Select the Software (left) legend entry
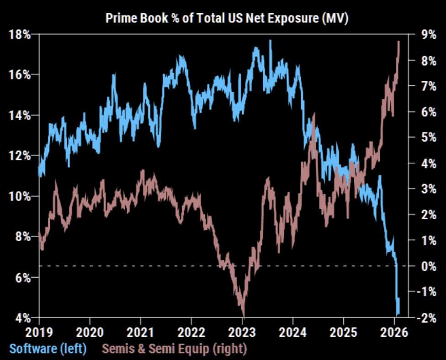[x=48, y=349]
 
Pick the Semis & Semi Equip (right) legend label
[x=174, y=349]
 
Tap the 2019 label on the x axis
[x=39, y=331]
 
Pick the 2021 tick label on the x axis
[x=141, y=331]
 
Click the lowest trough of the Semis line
[x=243, y=315]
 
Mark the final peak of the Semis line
[x=398, y=42]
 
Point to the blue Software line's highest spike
[x=270, y=41]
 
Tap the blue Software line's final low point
[x=398, y=314]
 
